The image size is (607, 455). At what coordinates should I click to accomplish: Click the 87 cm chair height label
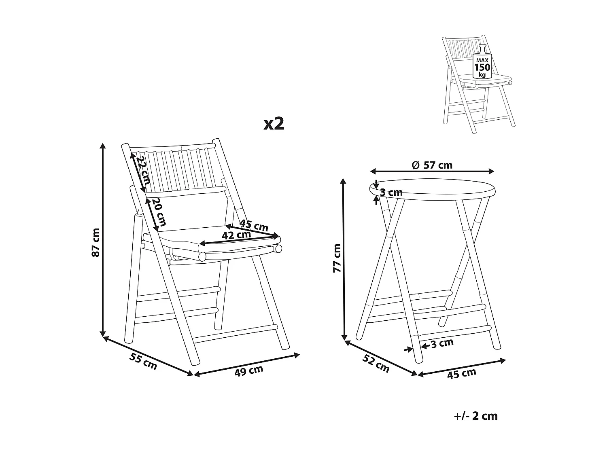click(x=96, y=242)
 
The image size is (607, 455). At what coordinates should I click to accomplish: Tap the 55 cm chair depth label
click(x=143, y=361)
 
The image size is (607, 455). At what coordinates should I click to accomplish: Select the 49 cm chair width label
click(x=248, y=370)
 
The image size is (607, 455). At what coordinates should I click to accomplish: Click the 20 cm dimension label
click(x=159, y=212)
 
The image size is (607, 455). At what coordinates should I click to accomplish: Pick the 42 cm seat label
click(x=237, y=235)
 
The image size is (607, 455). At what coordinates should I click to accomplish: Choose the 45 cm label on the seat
click(x=254, y=225)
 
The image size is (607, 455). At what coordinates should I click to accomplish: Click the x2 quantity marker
click(x=274, y=124)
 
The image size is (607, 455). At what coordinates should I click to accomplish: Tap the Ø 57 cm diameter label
click(x=432, y=165)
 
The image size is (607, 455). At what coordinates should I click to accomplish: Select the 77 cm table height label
click(x=337, y=258)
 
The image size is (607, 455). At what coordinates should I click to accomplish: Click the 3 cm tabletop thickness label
click(x=391, y=193)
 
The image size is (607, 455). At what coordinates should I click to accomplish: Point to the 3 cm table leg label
click(x=442, y=343)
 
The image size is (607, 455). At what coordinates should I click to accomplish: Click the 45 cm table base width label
click(x=461, y=373)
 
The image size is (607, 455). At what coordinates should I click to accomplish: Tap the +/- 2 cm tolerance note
click(x=476, y=416)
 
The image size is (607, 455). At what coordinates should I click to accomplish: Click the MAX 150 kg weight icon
click(x=482, y=64)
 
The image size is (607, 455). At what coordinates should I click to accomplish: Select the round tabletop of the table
click(x=433, y=189)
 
